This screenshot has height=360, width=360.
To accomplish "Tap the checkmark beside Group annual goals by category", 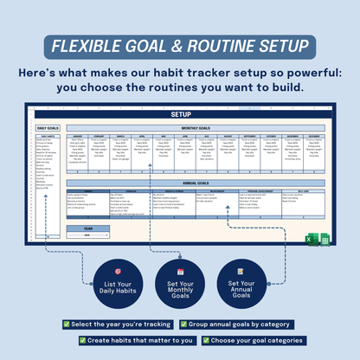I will (x=184, y=324).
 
